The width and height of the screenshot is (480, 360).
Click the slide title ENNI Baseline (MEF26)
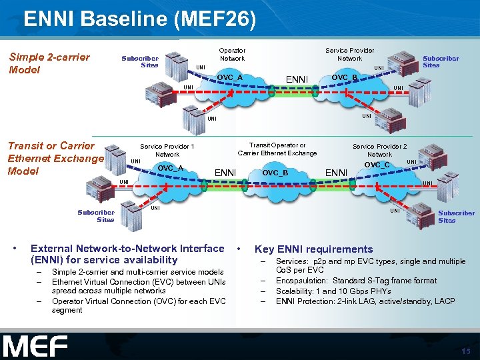[139, 18]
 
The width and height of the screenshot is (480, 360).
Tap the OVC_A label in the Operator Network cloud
[229, 78]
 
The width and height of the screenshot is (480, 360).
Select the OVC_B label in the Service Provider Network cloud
[345, 78]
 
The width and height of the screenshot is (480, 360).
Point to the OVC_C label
[377, 165]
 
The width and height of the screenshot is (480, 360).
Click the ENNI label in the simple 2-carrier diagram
[297, 80]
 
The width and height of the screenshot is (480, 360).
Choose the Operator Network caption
[232, 54]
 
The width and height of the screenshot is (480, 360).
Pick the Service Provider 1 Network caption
[167, 150]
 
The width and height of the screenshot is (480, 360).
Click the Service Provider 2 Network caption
[380, 150]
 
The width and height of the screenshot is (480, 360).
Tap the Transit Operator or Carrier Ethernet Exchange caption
[277, 149]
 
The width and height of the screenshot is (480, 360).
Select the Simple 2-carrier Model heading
[49, 63]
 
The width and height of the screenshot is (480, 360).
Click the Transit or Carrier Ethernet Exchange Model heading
[55, 158]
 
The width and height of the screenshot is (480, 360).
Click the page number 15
[465, 351]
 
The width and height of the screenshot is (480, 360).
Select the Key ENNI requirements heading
[313, 249]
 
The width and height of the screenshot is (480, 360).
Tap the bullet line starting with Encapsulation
[356, 281]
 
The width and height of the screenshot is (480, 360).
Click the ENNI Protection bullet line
[365, 301]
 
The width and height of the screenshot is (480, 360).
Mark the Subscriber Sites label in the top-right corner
[441, 62]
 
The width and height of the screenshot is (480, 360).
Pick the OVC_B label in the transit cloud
[275, 173]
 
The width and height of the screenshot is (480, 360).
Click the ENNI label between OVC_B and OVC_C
[336, 173]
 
